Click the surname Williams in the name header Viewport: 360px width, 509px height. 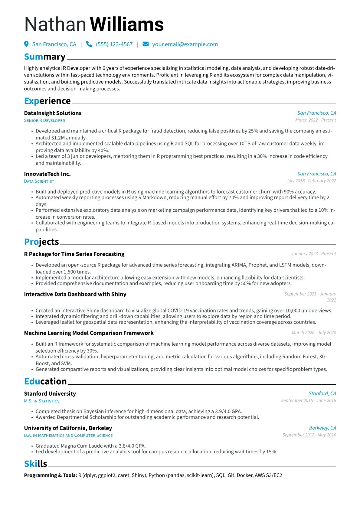pyautogui.click(x=127, y=24)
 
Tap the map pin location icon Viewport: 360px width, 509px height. pyautogui.click(x=26, y=44)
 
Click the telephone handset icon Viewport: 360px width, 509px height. pyautogui.click(x=89, y=44)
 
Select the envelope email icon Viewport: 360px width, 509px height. pyautogui.click(x=146, y=44)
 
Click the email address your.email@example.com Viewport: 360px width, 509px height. pyautogui.click(x=185, y=44)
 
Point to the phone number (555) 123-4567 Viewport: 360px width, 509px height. pyautogui.click(x=114, y=44)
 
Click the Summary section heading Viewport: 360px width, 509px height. pyautogui.click(x=45, y=57)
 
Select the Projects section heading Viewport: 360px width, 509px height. pyautogui.click(x=41, y=242)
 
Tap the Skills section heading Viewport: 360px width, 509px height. pyautogui.click(x=36, y=464)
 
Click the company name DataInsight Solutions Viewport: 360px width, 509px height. pyautogui.click(x=53, y=113)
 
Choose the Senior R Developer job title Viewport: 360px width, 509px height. pyautogui.click(x=44, y=120)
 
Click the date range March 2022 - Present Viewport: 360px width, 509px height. pyautogui.click(x=316, y=120)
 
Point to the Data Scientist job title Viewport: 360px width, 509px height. pyautogui.click(x=39, y=181)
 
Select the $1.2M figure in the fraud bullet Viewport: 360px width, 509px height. pyautogui.click(x=59, y=138)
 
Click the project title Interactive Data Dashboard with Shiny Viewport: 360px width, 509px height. pyautogui.click(x=75, y=294)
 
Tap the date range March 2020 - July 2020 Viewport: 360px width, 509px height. pyautogui.click(x=314, y=333)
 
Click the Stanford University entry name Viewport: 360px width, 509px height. pyautogui.click(x=50, y=393)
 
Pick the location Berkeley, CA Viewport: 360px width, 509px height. pyautogui.click(x=322, y=428)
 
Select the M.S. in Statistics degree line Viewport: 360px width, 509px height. pyautogui.click(x=42, y=401)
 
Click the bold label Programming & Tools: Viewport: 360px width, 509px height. pyautogui.click(x=51, y=475)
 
